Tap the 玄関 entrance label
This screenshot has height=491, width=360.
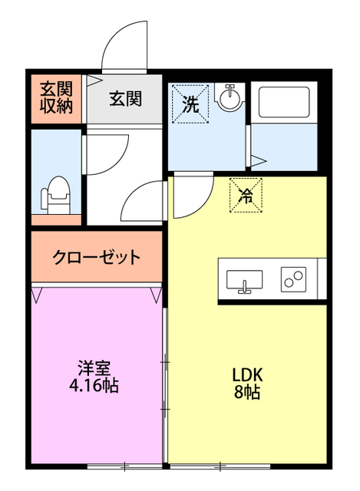(x=124, y=98)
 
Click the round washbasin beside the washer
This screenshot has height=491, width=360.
(x=228, y=99)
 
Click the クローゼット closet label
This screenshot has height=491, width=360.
(x=97, y=257)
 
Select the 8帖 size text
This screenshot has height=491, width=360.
(x=248, y=393)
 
